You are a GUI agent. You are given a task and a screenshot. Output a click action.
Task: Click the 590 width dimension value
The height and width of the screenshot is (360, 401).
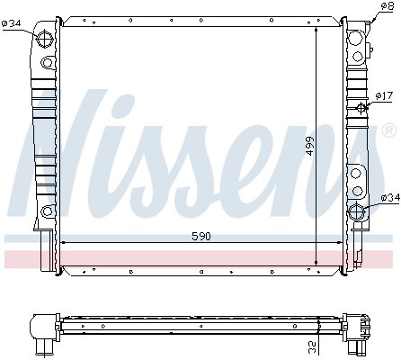201,237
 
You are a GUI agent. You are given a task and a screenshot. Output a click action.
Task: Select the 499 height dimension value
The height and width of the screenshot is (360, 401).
310,146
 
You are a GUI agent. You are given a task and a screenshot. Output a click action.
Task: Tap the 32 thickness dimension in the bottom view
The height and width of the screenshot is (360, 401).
312,346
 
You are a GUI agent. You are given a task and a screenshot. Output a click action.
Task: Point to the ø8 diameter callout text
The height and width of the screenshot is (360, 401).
387,6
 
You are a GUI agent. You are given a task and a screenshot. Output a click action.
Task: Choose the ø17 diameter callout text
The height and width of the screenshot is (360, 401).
384,96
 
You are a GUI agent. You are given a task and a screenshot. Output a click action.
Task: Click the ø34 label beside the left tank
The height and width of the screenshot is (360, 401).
12,23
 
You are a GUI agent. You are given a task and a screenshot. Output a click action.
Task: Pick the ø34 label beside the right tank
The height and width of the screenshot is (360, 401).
390,198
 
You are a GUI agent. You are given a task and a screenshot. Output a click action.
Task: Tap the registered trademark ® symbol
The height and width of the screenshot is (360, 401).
388,130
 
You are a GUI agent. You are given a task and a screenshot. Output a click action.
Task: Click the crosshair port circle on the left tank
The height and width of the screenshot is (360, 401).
44,40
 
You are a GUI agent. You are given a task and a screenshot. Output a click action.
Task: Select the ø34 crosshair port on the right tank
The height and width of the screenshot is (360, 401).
356,212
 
